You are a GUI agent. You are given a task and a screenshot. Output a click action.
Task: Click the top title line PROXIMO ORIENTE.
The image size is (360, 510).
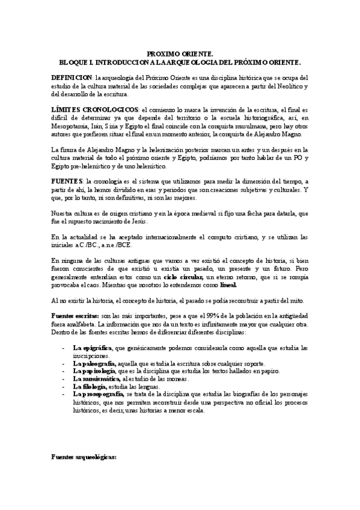pos(180,54)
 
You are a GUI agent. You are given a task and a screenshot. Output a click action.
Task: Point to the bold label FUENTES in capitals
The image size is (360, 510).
pos(67,181)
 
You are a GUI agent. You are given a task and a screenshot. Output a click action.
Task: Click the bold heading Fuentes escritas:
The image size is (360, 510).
pos(76,316)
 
